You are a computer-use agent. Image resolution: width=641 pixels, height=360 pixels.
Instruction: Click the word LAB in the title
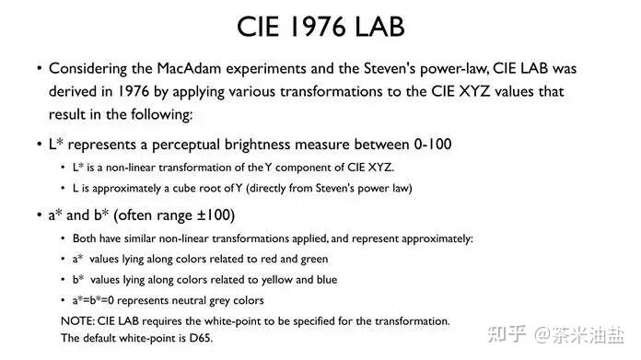click(x=379, y=27)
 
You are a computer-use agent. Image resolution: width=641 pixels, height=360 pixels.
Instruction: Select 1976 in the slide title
click(x=318, y=27)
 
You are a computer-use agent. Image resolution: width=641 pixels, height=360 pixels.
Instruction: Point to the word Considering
click(x=87, y=69)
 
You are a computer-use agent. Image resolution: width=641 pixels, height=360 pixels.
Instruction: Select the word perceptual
click(x=186, y=145)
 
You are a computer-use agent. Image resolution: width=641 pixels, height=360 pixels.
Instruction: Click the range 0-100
click(x=433, y=145)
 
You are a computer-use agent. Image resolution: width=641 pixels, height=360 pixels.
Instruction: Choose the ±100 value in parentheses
click(x=214, y=215)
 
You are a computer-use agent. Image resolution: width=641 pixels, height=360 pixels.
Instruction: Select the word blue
click(x=327, y=280)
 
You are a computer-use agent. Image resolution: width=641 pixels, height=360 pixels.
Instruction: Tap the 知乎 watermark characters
click(x=507, y=334)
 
